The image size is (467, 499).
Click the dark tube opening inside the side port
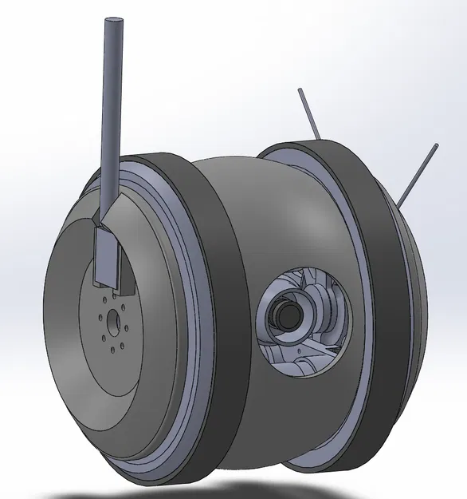coord(284,315)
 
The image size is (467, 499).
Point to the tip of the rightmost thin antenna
coord(435,145)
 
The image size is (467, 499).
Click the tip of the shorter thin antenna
coord(300,90)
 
